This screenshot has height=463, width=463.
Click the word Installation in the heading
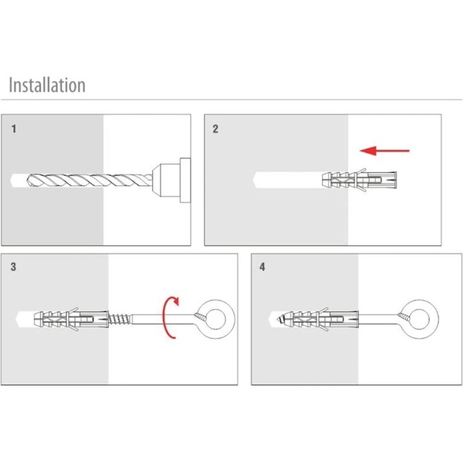point(47,85)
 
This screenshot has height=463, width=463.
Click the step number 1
point(14,129)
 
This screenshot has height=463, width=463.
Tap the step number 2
point(216,129)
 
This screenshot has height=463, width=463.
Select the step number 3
point(14,267)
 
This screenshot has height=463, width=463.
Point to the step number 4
point(262,267)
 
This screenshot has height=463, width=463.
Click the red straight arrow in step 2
point(385,151)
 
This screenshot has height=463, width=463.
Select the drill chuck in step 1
point(171,180)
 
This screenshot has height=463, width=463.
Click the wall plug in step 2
point(359,179)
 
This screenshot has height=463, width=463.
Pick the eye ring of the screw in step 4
point(420,319)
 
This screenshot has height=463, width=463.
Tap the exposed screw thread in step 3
point(119,319)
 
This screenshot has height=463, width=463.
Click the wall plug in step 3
point(71,319)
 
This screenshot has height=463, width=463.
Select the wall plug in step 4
point(321,319)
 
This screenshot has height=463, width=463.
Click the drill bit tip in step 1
point(30,181)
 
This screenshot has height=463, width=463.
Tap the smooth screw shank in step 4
point(379,319)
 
